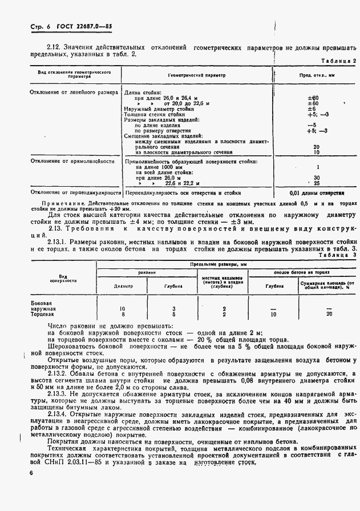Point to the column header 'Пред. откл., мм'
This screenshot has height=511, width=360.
[x=316, y=75]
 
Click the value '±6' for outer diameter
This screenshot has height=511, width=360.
[x=312, y=108]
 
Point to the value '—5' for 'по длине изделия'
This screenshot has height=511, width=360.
[x=312, y=125]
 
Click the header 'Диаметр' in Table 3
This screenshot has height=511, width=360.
[x=123, y=286]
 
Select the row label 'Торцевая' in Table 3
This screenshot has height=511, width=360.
[x=42, y=314]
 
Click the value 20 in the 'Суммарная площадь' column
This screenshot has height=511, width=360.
[x=329, y=314]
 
